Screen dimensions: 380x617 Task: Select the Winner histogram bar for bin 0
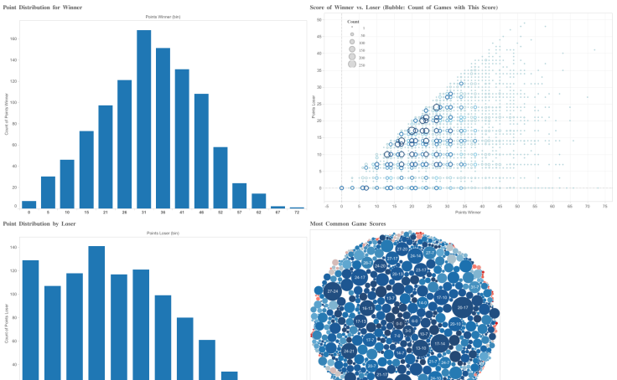pos(29,204)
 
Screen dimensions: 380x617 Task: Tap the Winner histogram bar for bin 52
pos(220,177)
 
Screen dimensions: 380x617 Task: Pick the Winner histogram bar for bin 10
pos(67,183)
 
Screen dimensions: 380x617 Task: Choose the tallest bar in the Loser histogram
pos(96,310)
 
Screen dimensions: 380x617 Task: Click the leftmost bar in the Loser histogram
pos(30,318)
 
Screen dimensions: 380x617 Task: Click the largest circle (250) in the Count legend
pos(352,64)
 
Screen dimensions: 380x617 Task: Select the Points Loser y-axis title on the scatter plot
pos(314,109)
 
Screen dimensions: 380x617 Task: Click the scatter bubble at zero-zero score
pos(342,188)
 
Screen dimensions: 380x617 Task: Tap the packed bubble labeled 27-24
pos(333,291)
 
